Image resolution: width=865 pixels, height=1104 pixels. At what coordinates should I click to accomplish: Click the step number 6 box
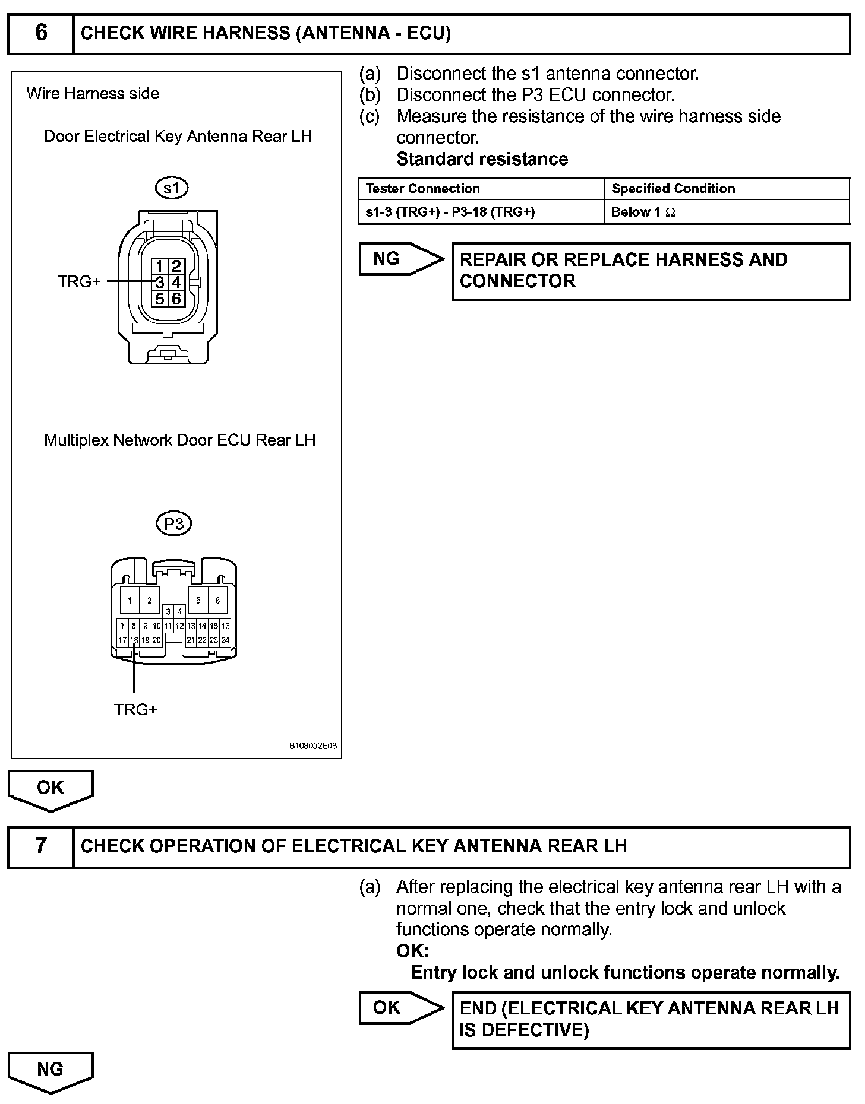click(40, 33)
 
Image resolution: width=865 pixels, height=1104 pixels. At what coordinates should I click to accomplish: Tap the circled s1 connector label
click(171, 188)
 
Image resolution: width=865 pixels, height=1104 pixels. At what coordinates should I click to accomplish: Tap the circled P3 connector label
click(173, 524)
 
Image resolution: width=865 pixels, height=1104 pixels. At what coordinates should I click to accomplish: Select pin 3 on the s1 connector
click(160, 282)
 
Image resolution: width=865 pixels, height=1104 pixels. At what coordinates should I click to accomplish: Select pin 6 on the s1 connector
click(176, 299)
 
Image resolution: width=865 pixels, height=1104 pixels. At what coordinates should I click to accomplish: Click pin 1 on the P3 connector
click(130, 600)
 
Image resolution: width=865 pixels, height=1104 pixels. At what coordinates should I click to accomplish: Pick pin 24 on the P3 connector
click(225, 640)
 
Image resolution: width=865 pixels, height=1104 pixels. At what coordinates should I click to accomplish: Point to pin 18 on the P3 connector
click(134, 640)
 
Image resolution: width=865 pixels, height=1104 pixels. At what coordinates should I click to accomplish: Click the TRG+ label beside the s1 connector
click(79, 282)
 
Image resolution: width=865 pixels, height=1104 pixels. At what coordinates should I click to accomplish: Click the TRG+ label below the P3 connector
click(135, 709)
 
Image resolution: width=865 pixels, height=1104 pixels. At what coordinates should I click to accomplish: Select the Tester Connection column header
click(423, 189)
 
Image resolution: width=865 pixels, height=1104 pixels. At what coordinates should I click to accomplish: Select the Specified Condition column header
click(673, 189)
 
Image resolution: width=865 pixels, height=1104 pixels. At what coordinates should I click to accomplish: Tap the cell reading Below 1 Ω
click(643, 212)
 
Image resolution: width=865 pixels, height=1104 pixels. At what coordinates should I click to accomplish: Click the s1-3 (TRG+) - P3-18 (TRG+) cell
click(450, 212)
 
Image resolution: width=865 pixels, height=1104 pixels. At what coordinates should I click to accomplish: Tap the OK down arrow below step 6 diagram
click(50, 789)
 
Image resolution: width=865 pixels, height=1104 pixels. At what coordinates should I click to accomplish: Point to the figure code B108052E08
click(312, 745)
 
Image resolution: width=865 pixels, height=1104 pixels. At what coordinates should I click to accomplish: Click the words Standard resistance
click(482, 159)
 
